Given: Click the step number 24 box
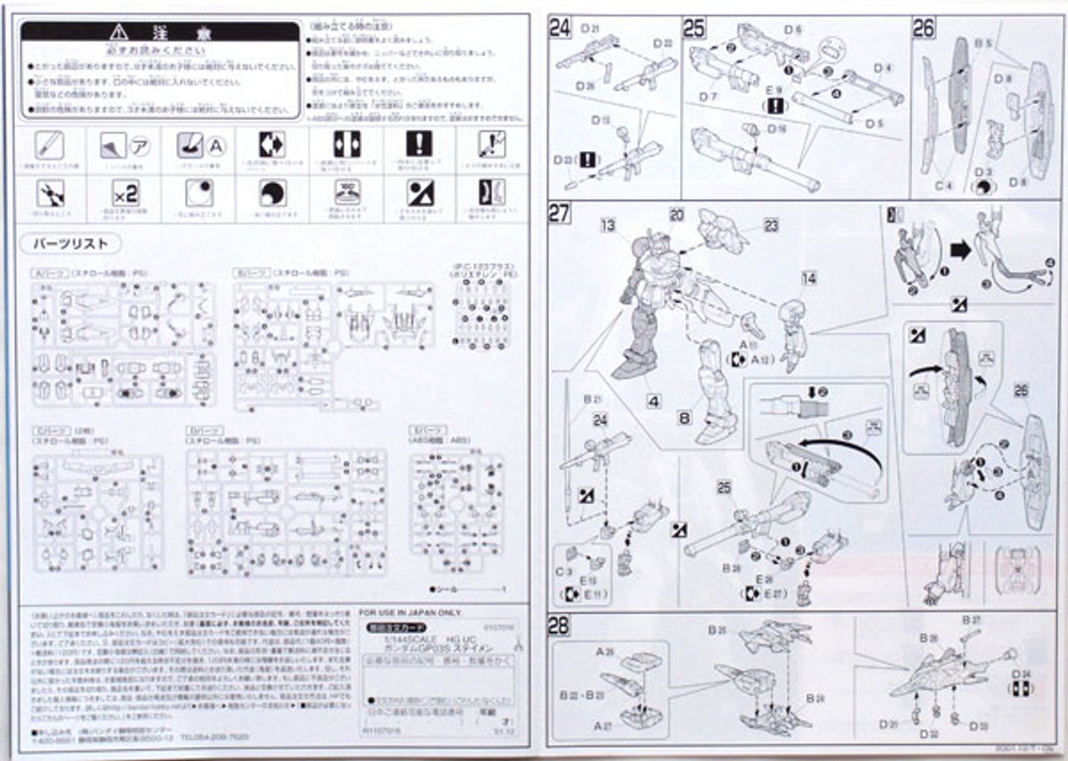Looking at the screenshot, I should click(559, 28).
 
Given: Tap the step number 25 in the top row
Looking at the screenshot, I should click(694, 28).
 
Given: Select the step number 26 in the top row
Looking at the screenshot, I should click(923, 28).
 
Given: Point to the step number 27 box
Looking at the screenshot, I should click(559, 213).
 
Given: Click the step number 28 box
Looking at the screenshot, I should click(559, 626).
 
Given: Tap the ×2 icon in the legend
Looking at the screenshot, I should click(124, 194).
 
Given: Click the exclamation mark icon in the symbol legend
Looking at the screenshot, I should click(419, 144).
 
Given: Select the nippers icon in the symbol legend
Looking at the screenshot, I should click(49, 194).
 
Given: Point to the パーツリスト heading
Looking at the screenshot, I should click(70, 244).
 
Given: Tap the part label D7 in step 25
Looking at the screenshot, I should click(709, 97).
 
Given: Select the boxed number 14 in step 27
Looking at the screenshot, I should click(809, 279).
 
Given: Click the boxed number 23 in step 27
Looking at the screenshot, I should click(770, 224).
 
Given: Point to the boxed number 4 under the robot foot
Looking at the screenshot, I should click(653, 401).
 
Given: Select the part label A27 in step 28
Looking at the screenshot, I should click(602, 726).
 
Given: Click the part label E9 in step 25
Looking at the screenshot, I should click(776, 92).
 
